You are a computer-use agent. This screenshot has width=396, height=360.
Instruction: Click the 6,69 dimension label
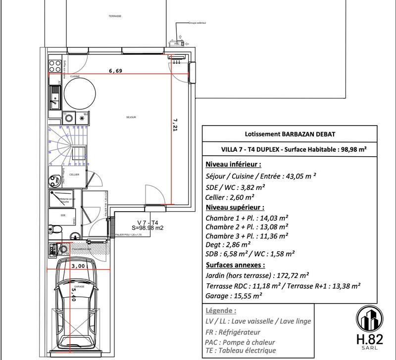[115, 71]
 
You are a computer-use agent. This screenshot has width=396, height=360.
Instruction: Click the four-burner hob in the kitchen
[55, 65]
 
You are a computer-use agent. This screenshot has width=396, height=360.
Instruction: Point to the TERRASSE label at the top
[115, 16]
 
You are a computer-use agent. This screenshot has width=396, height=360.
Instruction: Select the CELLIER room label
[74, 175]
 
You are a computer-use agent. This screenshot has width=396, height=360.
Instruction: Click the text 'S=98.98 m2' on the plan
[148, 227]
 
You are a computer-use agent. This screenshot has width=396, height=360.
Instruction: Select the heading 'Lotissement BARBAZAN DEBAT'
[286, 134]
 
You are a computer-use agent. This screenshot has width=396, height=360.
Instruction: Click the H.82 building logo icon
[370, 317]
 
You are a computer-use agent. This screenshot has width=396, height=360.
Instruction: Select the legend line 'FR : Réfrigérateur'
[232, 332]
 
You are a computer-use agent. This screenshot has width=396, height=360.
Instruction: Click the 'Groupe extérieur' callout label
[197, 23]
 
